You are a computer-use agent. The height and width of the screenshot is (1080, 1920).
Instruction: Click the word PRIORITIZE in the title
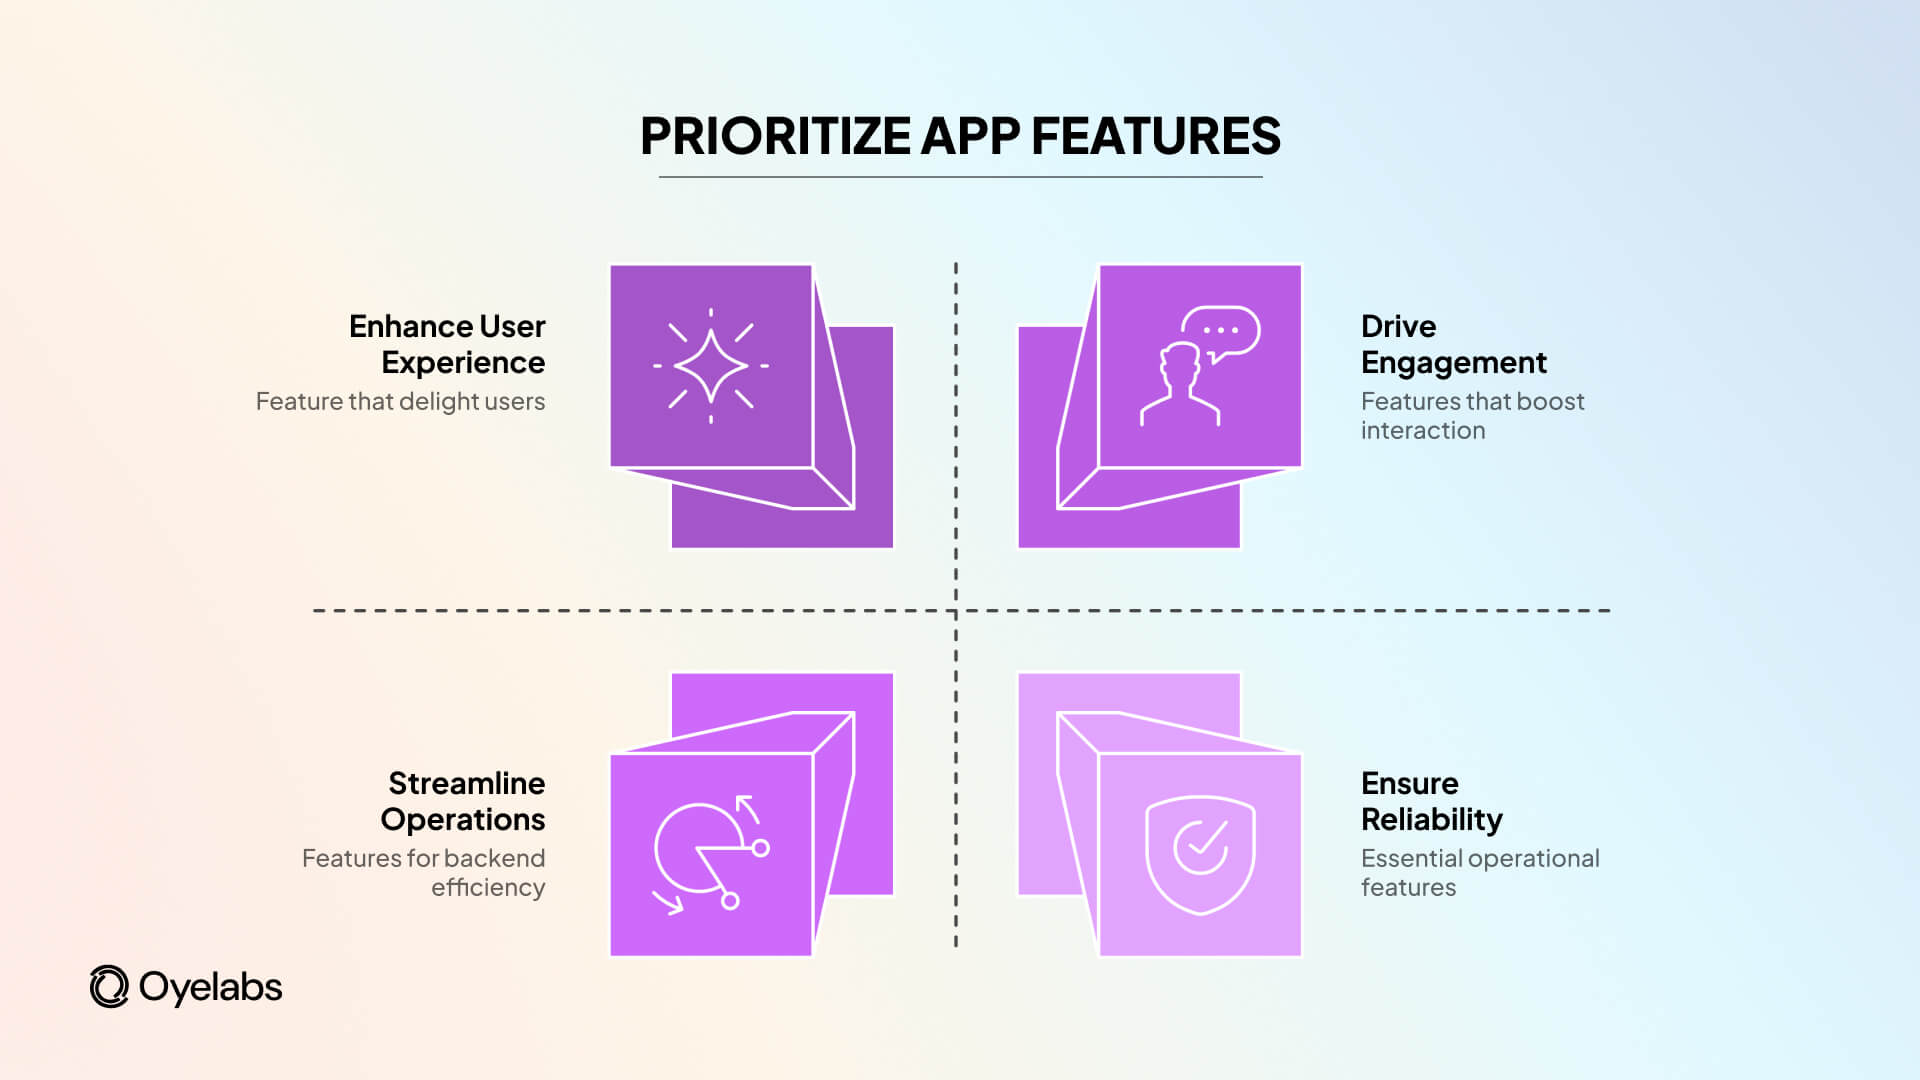point(775,136)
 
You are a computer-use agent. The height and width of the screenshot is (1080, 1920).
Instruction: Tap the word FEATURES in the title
point(1155,136)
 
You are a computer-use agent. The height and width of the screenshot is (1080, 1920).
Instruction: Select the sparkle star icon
point(711,366)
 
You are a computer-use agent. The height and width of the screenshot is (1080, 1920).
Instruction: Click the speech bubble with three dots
point(1221,331)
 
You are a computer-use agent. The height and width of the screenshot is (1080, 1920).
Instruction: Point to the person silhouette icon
point(1181,386)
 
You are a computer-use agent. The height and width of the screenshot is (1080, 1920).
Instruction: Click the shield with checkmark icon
point(1200,853)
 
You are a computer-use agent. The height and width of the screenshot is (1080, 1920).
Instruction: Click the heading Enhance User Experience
point(447,344)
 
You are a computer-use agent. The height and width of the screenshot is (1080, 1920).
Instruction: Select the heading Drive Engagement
point(1453,344)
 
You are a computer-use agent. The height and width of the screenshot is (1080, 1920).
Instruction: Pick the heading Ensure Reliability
point(1431,801)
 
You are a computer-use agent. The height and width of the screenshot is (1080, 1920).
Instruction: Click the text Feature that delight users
point(400,401)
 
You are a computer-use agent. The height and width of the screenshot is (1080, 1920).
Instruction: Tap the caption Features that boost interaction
point(1471,415)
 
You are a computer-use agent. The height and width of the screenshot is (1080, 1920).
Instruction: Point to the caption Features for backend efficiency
point(424,872)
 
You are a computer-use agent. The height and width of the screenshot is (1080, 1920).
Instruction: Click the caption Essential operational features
point(1479,872)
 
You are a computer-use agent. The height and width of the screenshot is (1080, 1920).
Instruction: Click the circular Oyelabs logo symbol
point(109,987)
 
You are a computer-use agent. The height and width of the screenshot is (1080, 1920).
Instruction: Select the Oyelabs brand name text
point(210,987)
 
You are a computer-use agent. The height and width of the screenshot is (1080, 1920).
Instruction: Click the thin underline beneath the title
point(960,177)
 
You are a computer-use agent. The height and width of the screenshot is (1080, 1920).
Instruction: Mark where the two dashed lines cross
point(956,610)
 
